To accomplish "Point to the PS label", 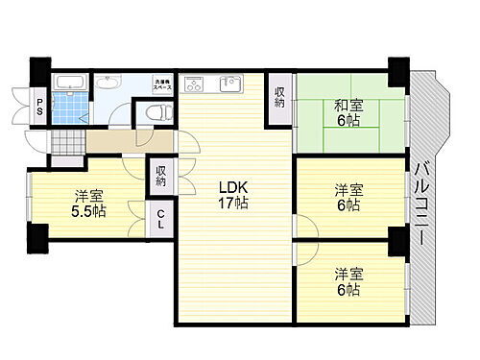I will [x=39, y=106].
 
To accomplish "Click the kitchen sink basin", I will [x=230, y=84].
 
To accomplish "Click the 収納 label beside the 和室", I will [x=279, y=97].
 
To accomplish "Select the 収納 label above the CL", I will [x=160, y=176].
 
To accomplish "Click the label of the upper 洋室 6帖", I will [x=348, y=197].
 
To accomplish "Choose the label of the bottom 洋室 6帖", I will [x=348, y=281].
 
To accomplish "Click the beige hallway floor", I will [x=115, y=143].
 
